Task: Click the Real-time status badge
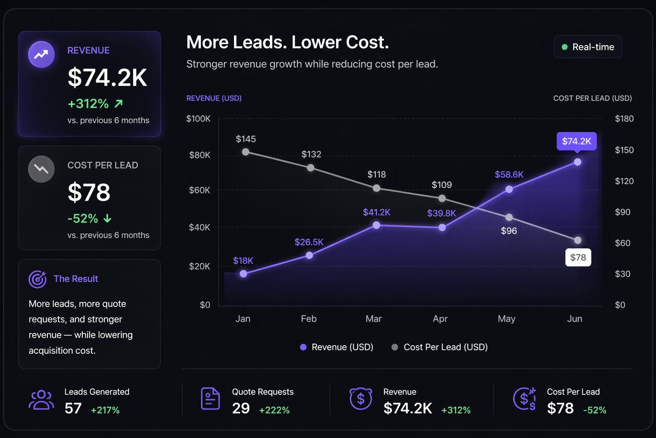click(x=588, y=47)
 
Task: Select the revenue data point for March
click(x=376, y=225)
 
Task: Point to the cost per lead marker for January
click(x=246, y=152)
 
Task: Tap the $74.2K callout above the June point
click(x=576, y=141)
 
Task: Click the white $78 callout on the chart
click(x=578, y=257)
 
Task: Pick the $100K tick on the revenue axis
click(x=198, y=119)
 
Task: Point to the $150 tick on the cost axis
click(x=624, y=150)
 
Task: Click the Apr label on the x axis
click(x=440, y=319)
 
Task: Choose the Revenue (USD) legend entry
click(x=337, y=347)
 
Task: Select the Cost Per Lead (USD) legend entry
click(x=440, y=347)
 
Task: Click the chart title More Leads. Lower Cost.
click(x=287, y=42)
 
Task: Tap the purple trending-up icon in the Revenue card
click(x=41, y=54)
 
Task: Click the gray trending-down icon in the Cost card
click(x=41, y=169)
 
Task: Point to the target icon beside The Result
click(x=38, y=279)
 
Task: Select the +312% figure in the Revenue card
click(x=88, y=104)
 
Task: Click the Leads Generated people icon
click(x=41, y=400)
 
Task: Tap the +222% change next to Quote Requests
click(x=274, y=410)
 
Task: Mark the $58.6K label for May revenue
click(x=509, y=175)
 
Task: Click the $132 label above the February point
click(x=311, y=154)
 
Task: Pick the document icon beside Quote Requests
click(x=210, y=399)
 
